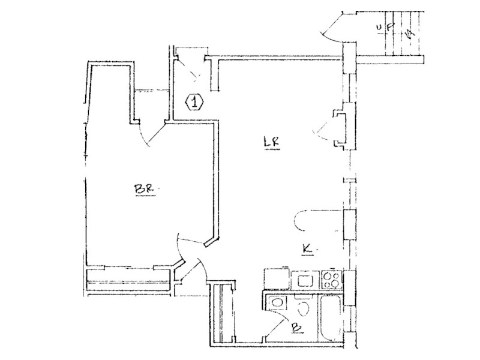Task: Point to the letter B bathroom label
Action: [x=295, y=328]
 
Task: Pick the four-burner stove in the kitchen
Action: [x=331, y=278]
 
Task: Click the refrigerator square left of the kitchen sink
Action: [x=277, y=279]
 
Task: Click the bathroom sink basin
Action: [x=277, y=303]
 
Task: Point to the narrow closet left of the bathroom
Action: [x=224, y=314]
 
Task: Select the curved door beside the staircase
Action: [x=330, y=27]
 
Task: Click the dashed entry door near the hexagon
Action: [x=193, y=72]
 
